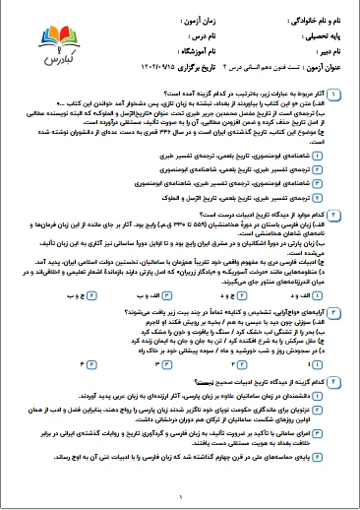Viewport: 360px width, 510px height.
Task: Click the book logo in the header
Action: coord(53,39)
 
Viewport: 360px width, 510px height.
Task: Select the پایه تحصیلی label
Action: coord(325,37)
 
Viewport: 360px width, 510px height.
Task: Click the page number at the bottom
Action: coord(181,498)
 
